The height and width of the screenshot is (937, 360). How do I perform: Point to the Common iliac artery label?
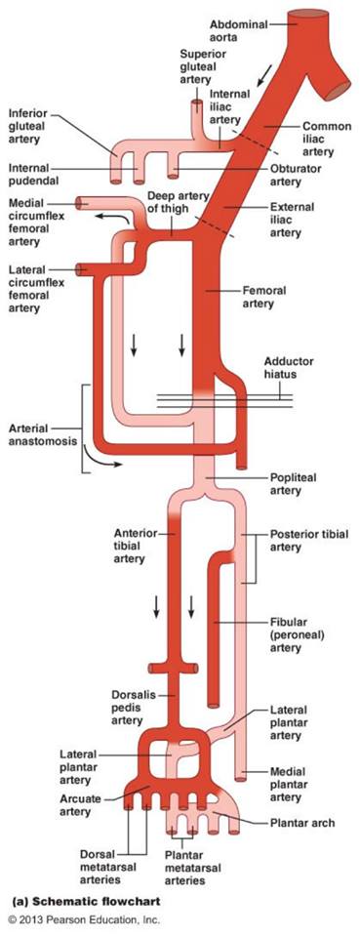tap(327, 140)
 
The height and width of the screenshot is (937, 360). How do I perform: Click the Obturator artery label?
tap(297, 175)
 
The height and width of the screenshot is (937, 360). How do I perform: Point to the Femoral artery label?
tap(264, 297)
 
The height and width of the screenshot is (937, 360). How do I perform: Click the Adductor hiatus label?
tap(289, 368)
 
